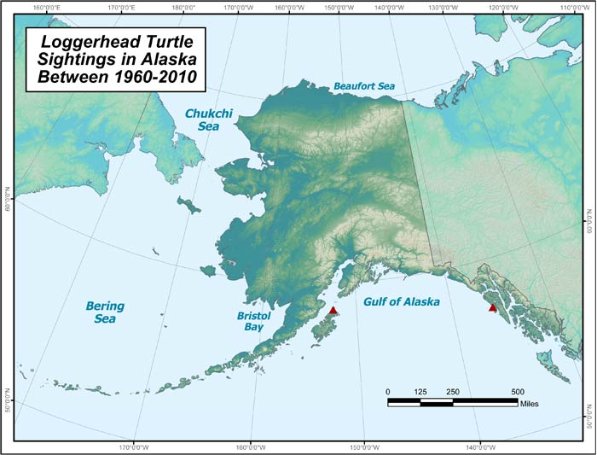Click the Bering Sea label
(x=106, y=312)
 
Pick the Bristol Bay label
(x=252, y=321)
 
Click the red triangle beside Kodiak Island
(x=333, y=311)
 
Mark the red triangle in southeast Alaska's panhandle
(x=492, y=307)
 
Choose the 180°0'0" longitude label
(x=183, y=8)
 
